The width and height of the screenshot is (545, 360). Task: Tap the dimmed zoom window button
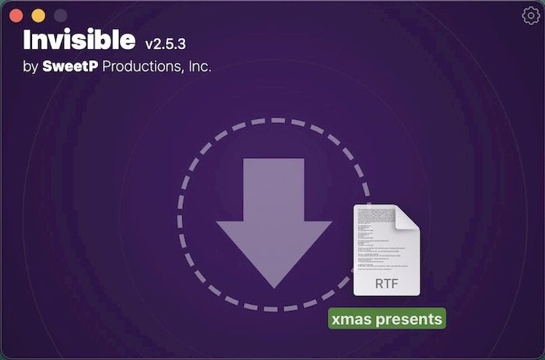pyautogui.click(x=60, y=16)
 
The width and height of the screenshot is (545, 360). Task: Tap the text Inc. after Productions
pyautogui.click(x=198, y=67)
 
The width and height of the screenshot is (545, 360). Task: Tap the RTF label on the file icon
pyautogui.click(x=386, y=283)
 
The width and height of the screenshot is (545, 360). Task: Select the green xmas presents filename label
pyautogui.click(x=386, y=319)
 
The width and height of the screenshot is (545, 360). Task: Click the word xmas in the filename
pyautogui.click(x=350, y=319)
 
